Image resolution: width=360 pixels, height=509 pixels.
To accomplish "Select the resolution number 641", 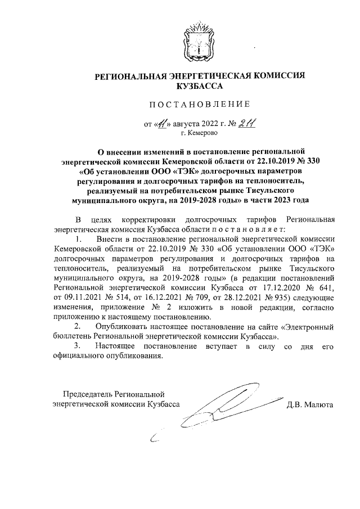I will (x=325, y=286).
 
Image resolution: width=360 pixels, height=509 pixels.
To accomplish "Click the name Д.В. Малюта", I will (x=310, y=404).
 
